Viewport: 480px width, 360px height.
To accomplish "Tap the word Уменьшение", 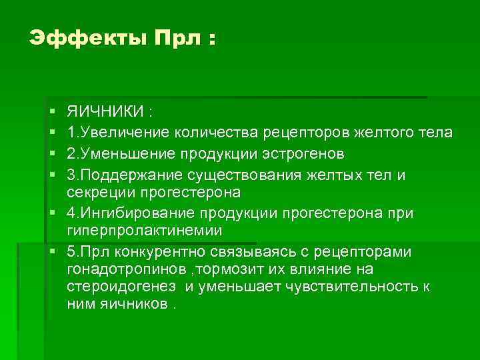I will pos(123,154).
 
